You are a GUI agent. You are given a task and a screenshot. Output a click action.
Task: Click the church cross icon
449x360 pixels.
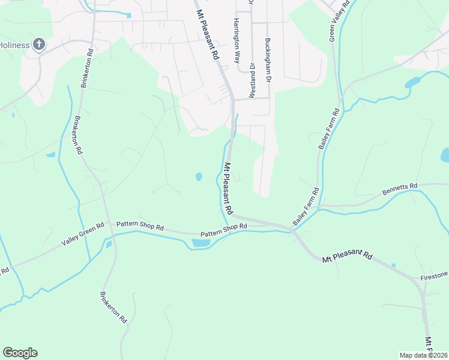click(39, 44)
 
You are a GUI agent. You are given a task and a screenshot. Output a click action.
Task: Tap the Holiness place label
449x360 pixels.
click(14, 44)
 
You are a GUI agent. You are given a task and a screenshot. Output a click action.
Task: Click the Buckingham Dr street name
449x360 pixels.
click(268, 61)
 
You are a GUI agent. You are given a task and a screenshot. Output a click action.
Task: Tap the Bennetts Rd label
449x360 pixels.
click(399, 190)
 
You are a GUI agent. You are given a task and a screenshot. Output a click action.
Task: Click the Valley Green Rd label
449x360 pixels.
click(83, 235)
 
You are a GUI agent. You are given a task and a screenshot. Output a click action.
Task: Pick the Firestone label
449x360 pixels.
click(434, 275)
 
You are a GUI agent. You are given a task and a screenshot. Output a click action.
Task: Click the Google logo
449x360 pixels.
click(20, 353)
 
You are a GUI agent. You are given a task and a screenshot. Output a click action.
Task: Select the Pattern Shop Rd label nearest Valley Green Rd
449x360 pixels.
click(140, 225)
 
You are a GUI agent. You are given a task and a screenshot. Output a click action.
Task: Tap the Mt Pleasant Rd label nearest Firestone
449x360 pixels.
click(348, 257)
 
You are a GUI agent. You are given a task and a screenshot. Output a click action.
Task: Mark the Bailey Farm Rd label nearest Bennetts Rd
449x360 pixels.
click(306, 206)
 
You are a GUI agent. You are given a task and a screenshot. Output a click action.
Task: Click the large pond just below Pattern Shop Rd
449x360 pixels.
click(200, 243)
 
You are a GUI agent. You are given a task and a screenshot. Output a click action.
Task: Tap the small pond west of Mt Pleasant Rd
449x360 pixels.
click(199, 177)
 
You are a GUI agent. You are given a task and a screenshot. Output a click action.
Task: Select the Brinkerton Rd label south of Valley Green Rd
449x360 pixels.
click(113, 307)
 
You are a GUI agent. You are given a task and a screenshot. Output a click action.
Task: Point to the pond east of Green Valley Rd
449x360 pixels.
click(414, 82)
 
